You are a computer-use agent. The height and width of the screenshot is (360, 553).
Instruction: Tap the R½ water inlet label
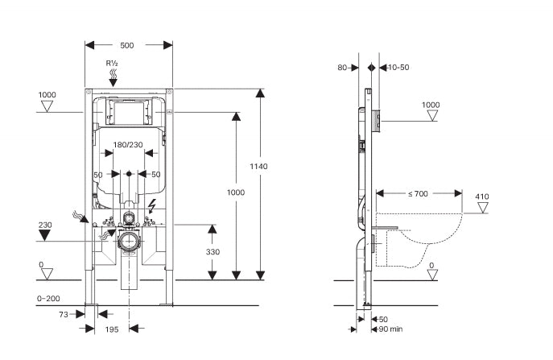tap(113, 62)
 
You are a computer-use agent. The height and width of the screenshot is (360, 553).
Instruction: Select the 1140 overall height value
tap(259, 166)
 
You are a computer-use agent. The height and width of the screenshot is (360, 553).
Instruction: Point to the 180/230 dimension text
tap(129, 145)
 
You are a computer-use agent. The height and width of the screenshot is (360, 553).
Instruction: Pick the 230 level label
tap(45, 225)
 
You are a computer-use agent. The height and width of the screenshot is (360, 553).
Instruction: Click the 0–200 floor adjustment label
tap(49, 299)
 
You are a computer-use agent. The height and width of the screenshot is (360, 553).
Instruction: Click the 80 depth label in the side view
tap(343, 68)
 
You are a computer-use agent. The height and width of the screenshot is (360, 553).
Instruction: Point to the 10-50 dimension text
tap(397, 68)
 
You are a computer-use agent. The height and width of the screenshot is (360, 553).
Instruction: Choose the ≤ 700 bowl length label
tap(418, 194)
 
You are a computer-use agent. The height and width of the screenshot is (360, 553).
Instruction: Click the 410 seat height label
tap(481, 197)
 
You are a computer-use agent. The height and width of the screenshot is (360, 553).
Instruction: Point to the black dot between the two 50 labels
tap(129, 173)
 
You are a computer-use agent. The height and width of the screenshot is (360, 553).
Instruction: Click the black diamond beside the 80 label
tap(370, 68)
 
